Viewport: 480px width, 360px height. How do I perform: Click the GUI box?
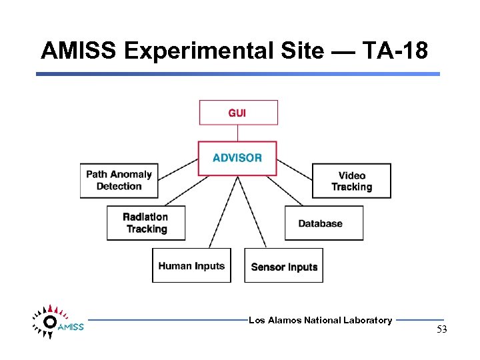click(238, 113)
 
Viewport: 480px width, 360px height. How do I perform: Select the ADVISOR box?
click(237, 158)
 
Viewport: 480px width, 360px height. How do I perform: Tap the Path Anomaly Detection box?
click(119, 180)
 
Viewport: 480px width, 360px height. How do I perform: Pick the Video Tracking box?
click(351, 181)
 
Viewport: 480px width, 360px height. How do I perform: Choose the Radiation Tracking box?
click(146, 223)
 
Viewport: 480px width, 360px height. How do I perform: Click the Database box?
click(324, 223)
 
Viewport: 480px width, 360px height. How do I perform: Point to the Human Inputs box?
click(191, 265)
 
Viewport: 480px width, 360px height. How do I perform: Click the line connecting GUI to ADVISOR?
click(238, 133)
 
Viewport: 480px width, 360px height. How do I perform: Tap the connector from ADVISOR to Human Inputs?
click(223, 211)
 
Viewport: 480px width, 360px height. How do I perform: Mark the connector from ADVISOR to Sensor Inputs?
click(253, 211)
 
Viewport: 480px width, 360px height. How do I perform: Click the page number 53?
click(441, 329)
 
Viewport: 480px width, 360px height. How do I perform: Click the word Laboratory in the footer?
click(367, 321)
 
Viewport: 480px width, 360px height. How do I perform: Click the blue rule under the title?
click(238, 74)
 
